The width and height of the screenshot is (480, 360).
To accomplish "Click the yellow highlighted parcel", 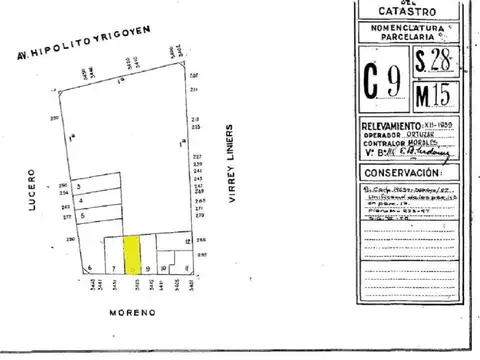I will point(131,254).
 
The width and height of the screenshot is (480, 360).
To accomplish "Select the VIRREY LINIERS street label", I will point(231,166).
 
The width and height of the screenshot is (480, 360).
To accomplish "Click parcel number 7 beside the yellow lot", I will point(114,268).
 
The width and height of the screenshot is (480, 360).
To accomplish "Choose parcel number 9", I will point(148,268).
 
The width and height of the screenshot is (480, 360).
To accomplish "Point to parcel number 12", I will point(188,242).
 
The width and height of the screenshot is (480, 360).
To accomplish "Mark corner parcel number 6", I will point(90,268).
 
